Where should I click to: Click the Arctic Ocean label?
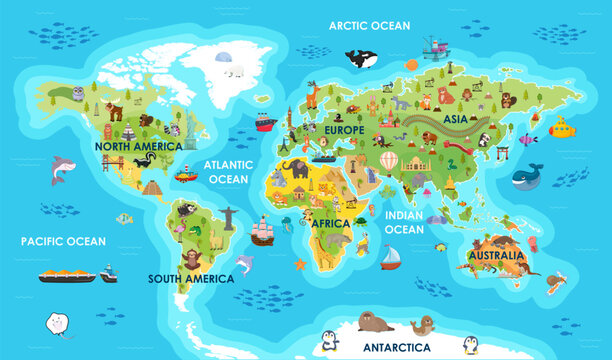tap(370, 26)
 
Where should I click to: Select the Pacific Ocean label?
tap(63, 241)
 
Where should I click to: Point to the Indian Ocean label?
tap(405, 222)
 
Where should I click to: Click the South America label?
tap(190, 279)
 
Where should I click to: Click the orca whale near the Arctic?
tap(361, 59)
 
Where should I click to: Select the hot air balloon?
tap(388, 160)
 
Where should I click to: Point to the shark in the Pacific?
tap(62, 169)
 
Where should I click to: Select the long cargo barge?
tap(67, 274)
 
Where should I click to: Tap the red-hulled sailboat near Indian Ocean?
tap(389, 258)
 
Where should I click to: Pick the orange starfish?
tap(300, 264)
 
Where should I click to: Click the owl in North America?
tap(78, 93)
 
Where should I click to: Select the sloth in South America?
tap(193, 260)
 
